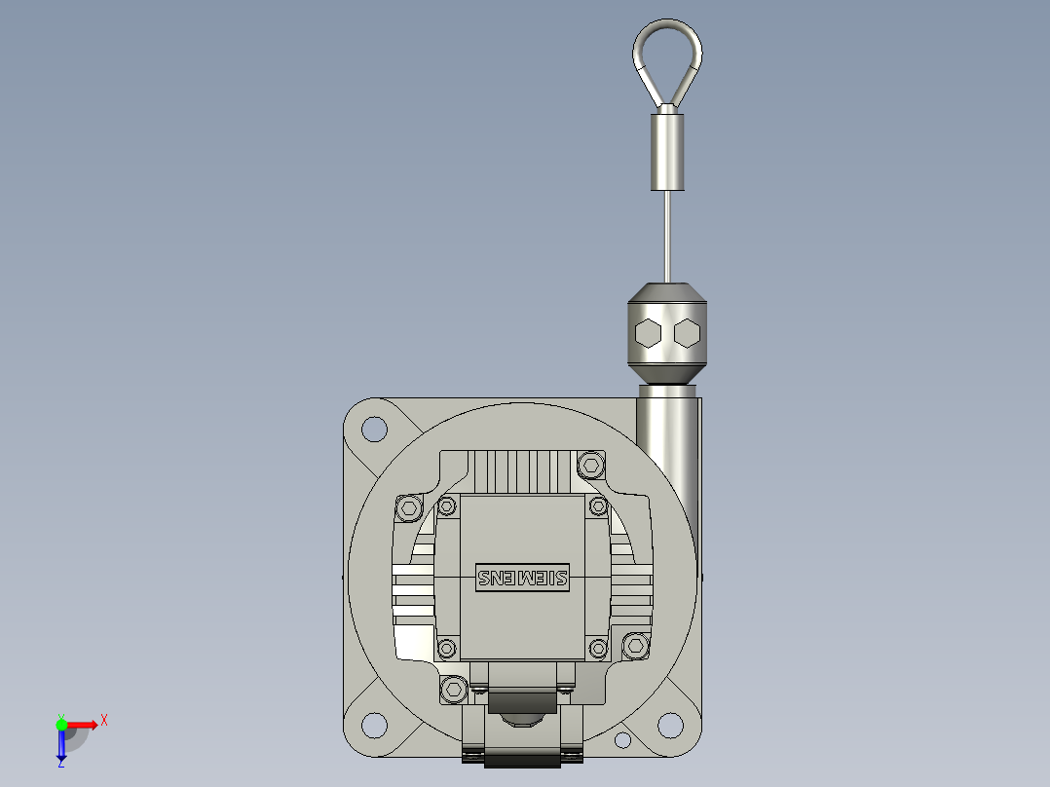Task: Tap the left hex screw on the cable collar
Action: point(648,334)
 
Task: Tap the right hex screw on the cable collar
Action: point(686,334)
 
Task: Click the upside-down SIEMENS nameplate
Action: point(521,578)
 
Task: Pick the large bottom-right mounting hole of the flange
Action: point(670,724)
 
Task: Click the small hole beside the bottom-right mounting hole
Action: point(622,742)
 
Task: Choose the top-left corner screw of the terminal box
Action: point(447,506)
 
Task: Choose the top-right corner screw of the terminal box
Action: point(597,506)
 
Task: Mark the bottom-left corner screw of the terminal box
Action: point(447,648)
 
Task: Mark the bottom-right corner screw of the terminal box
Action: point(597,648)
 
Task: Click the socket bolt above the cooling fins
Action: point(590,464)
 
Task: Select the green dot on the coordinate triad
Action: point(61,724)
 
